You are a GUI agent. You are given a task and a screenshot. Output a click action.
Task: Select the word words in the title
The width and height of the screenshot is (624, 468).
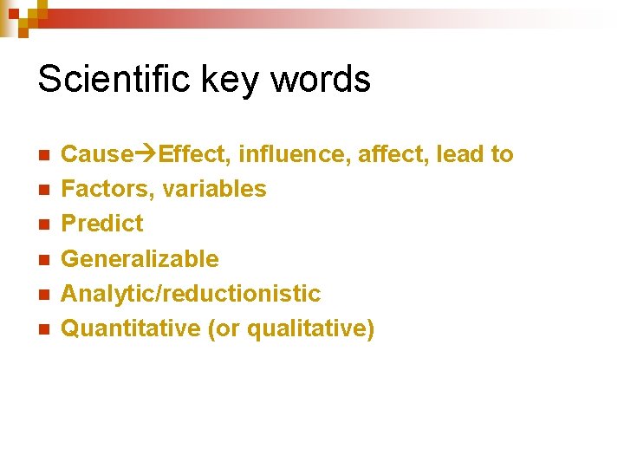pyautogui.click(x=321, y=79)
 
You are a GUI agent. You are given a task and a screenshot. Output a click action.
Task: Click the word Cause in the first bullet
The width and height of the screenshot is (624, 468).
pyautogui.click(x=89, y=154)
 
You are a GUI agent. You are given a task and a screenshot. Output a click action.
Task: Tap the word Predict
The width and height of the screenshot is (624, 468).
pyautogui.click(x=102, y=224)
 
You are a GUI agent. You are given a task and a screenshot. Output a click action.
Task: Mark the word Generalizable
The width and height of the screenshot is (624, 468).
pyautogui.click(x=140, y=259)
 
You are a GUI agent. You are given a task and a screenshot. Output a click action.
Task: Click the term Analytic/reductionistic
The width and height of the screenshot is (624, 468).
pyautogui.click(x=191, y=294)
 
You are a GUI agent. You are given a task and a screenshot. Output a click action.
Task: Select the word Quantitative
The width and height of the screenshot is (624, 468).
pyautogui.click(x=130, y=328)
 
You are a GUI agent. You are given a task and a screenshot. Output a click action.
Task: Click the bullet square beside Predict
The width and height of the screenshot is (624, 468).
pyautogui.click(x=42, y=224)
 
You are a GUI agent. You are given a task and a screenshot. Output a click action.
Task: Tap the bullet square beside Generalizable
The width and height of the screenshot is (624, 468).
pyautogui.click(x=42, y=259)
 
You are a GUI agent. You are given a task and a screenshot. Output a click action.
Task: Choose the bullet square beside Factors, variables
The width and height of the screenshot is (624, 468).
pyautogui.click(x=42, y=190)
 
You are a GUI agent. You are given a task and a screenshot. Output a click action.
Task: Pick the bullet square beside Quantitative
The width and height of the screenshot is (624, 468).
pyautogui.click(x=42, y=329)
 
